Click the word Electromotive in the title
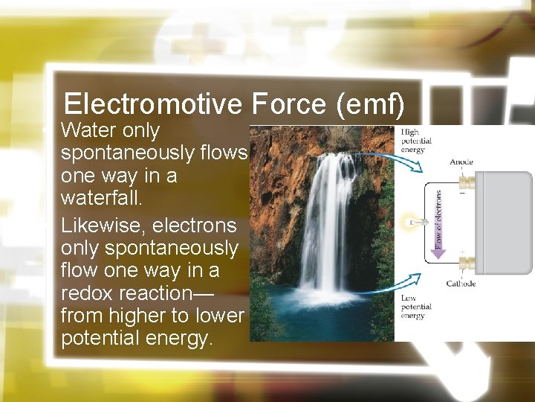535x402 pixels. [153, 103]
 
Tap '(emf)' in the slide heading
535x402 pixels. [370, 103]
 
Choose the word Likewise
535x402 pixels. [95, 225]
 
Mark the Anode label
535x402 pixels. [461, 162]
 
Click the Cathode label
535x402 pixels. [461, 284]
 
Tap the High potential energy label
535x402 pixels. [415, 141]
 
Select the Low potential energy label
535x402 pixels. [415, 307]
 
